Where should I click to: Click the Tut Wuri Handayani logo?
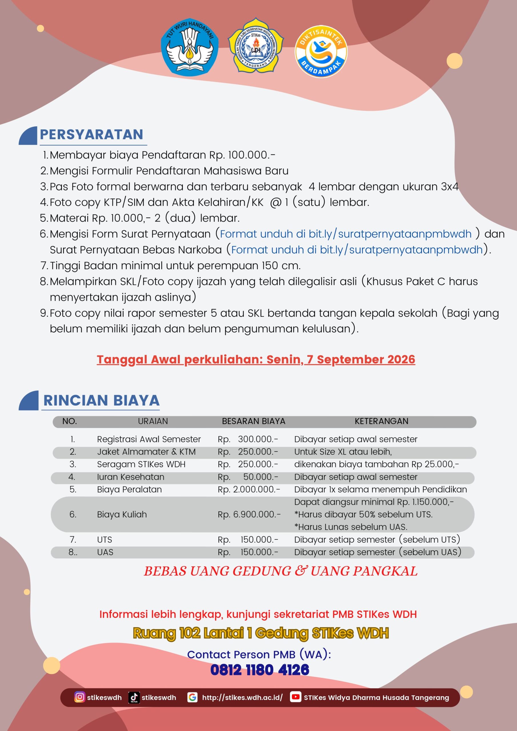click(190, 47)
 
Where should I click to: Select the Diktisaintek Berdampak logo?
click(321, 52)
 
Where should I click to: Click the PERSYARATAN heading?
click(91, 134)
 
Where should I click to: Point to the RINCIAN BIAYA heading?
click(101, 400)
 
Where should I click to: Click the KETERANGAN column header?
click(381, 421)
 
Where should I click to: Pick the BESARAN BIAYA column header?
click(254, 421)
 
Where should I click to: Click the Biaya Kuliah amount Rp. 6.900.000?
click(249, 515)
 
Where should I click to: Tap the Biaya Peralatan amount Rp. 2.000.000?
click(249, 489)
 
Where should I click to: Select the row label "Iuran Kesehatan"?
click(131, 477)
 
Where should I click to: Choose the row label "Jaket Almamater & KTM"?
click(146, 452)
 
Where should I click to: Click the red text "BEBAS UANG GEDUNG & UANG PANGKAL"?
click(280, 571)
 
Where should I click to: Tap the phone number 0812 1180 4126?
click(260, 670)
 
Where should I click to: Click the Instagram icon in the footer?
click(79, 697)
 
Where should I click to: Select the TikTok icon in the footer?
click(134, 697)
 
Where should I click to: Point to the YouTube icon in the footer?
click(296, 697)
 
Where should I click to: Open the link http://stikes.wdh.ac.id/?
click(242, 698)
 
